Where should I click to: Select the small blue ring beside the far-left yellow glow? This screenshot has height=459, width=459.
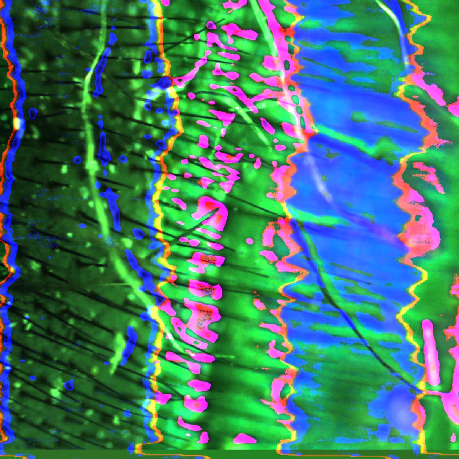(x=33, y=113)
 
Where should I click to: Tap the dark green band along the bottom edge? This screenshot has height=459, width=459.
(x=229, y=454)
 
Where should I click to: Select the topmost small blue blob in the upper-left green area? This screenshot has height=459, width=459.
(x=112, y=37)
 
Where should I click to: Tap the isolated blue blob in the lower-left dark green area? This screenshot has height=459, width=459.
(x=69, y=384)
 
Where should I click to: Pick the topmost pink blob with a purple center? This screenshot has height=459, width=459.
(x=210, y=26)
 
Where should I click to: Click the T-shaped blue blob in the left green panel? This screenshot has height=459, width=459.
(x=111, y=199)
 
